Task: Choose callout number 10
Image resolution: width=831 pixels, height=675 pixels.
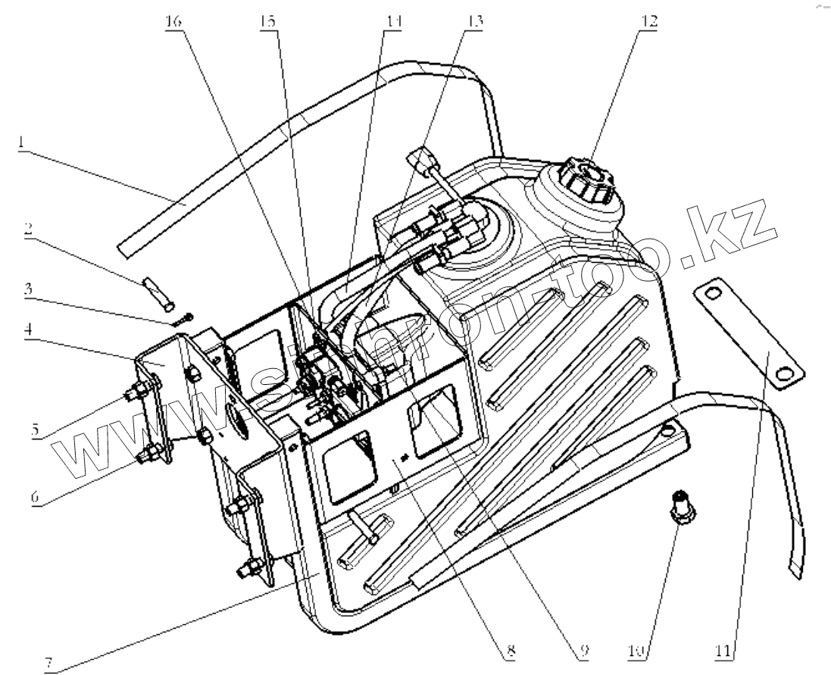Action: tap(637, 650)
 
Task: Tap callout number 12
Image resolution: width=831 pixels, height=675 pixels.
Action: tap(648, 21)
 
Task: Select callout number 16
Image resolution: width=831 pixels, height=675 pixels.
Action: tap(174, 21)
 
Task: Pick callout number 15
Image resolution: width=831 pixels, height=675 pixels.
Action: tap(268, 21)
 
